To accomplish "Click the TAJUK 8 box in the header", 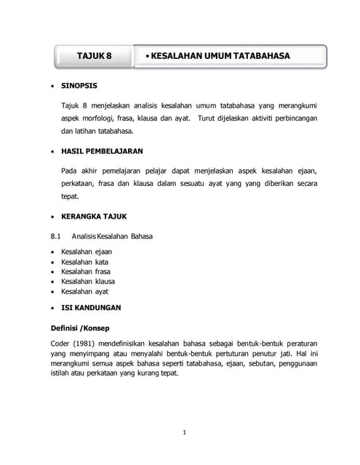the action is tap(95, 56).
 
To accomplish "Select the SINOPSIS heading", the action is tap(79, 85).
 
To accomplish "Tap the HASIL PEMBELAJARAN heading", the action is tap(102, 151).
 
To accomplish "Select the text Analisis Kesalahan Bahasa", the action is tap(112, 236).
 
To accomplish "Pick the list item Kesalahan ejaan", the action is tap(87, 251).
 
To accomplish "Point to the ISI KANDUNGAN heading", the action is tap(91, 307).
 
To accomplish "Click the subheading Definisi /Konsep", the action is tap(80, 328).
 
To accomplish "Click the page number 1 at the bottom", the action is tap(185, 432).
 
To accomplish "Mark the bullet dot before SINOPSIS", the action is tap(52, 86).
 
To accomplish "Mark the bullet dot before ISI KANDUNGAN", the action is tap(52, 308).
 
